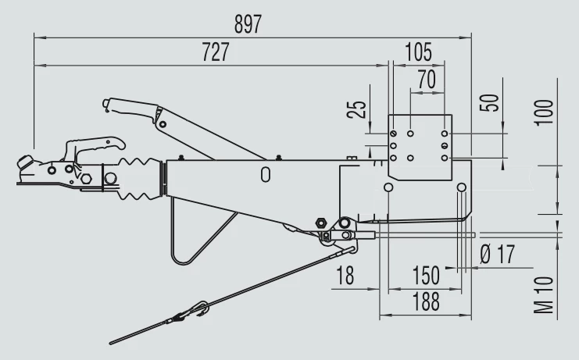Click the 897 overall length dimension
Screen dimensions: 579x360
tap(248, 24)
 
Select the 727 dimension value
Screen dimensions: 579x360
tap(216, 52)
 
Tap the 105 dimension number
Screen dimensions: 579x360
tap(418, 52)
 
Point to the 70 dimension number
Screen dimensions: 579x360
tap(427, 80)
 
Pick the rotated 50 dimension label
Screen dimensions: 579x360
tap(489, 103)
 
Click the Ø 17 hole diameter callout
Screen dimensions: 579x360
tap(498, 254)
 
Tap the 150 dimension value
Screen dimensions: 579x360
tap(426, 275)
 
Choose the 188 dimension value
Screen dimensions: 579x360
tap(426, 301)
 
